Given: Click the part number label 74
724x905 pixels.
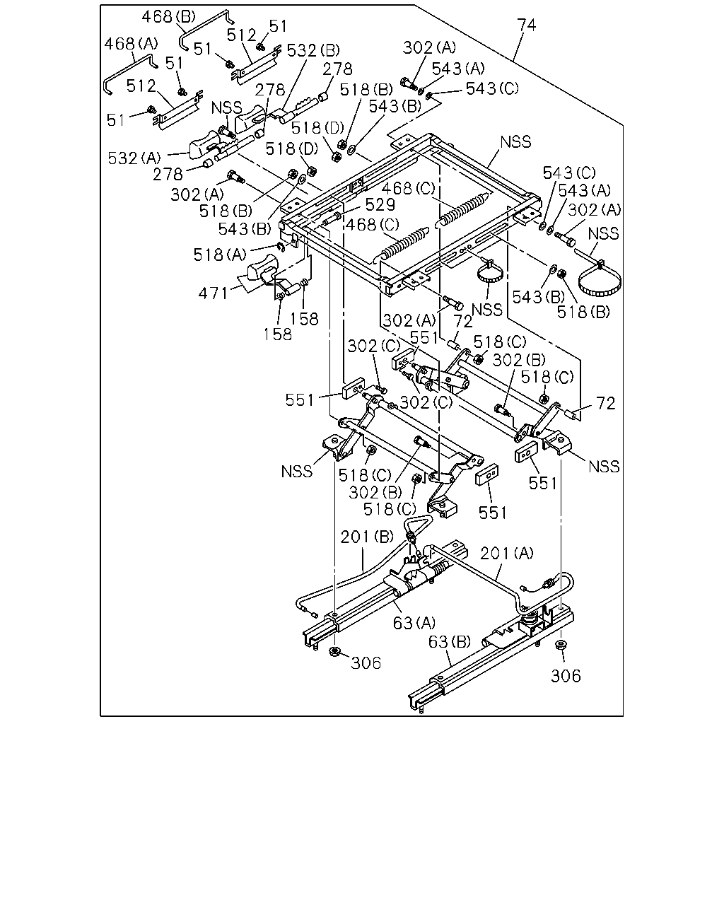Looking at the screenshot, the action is pos(526,25).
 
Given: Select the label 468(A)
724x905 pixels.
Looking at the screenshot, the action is pos(131,43).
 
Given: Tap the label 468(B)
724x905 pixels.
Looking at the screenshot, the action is pos(169,17).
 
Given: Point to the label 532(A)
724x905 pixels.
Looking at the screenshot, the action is pos(134,158).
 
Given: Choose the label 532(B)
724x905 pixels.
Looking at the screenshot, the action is pos(313,50).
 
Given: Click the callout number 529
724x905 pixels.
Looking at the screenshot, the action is pos(380,204).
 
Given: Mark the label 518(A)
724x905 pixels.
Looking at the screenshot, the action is pos(220,255).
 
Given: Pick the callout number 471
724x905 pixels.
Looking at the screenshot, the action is pos(214,293).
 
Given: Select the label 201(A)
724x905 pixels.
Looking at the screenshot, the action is pos(506,554).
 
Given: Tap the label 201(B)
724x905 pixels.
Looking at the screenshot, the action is pos(367,537).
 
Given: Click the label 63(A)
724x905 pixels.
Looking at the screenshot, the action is pos(414,623).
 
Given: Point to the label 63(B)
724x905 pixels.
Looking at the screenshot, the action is pos(450,642).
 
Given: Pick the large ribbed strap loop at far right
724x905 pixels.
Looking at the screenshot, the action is pos(602,281).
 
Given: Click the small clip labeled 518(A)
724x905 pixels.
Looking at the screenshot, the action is pos(281,247).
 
